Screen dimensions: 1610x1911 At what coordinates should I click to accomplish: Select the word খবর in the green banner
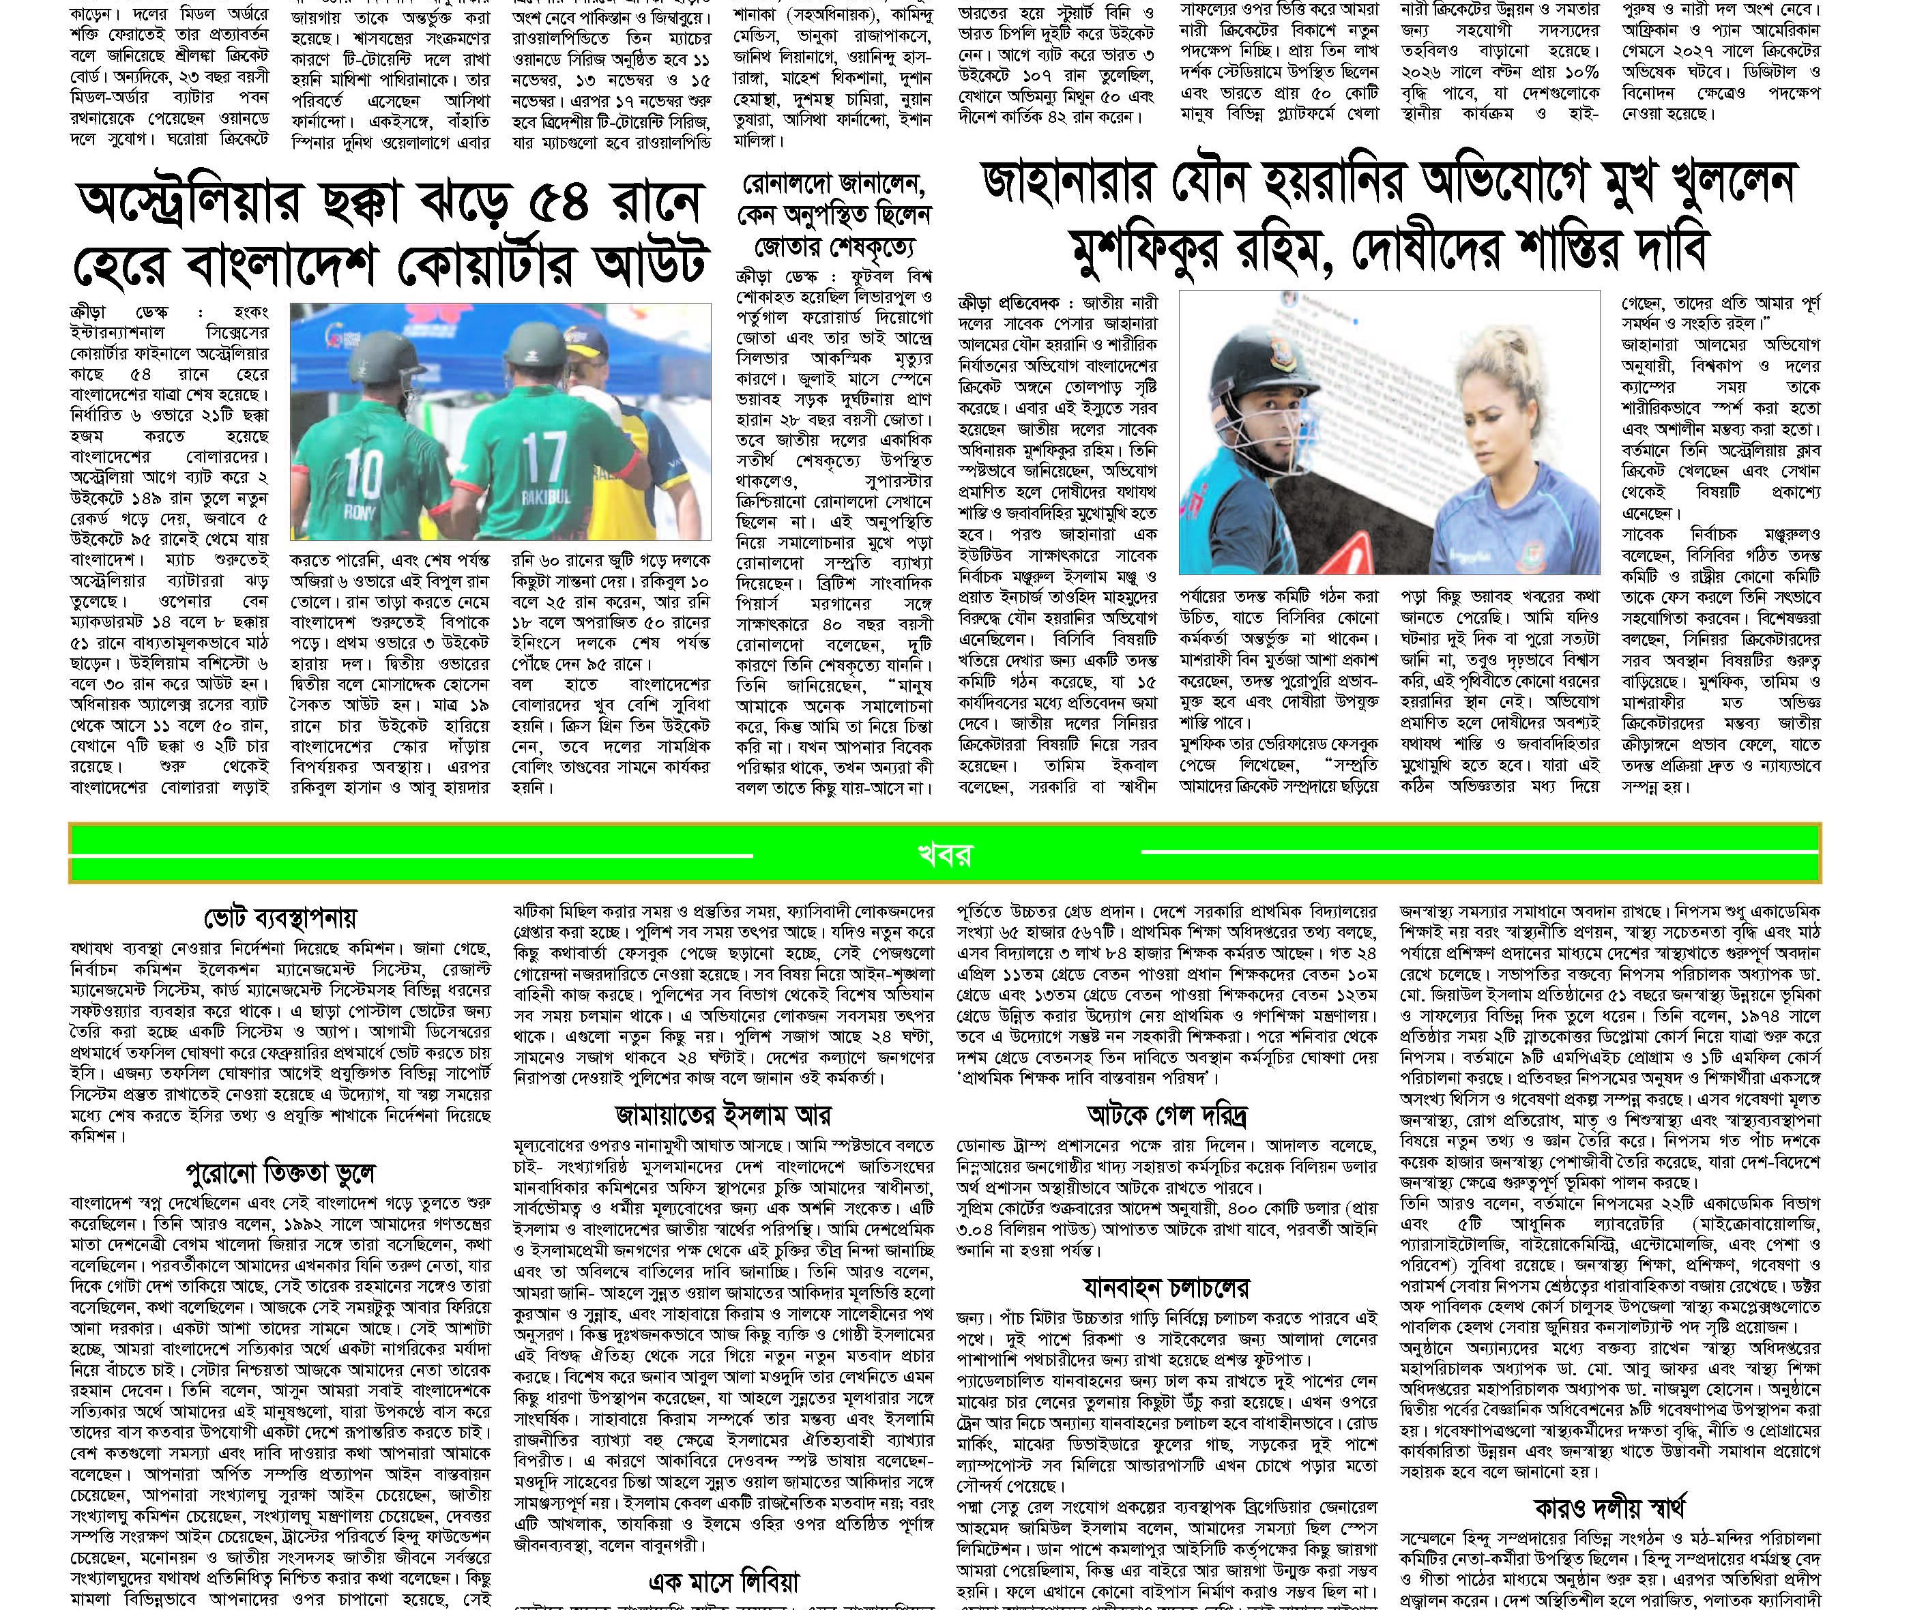tap(944, 854)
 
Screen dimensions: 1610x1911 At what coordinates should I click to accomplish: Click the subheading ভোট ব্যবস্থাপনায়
tap(280, 916)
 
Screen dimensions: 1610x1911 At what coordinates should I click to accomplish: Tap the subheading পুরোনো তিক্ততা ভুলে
tap(280, 1173)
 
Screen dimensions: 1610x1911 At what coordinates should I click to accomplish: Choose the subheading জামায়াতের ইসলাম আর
tap(722, 1115)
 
